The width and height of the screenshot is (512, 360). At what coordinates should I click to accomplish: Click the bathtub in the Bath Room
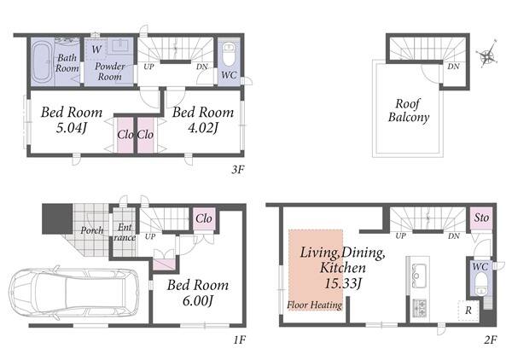[42, 63]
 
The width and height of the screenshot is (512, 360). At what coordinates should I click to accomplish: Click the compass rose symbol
[487, 55]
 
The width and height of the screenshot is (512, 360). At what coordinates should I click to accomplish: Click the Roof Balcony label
[409, 111]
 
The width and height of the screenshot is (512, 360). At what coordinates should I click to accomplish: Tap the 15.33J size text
[343, 283]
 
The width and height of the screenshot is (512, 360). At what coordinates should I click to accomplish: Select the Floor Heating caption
[314, 305]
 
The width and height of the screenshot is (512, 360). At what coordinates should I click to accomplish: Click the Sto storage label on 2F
[481, 218]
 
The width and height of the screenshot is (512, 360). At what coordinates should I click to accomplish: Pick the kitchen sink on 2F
[419, 275]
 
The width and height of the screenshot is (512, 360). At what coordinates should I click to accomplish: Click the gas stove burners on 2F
[419, 308]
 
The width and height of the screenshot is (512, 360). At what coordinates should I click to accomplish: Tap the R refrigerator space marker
[468, 311]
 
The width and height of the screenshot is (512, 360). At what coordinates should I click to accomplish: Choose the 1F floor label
[239, 340]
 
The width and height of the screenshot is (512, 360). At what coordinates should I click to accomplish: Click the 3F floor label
[238, 169]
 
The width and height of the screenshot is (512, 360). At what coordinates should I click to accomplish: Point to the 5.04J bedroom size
[72, 128]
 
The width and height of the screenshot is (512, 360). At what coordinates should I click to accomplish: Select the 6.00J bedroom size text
[198, 300]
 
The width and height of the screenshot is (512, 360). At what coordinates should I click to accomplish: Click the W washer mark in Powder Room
[96, 49]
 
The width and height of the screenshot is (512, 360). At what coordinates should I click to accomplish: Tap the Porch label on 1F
[92, 230]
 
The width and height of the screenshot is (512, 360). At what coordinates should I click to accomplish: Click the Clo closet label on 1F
[204, 218]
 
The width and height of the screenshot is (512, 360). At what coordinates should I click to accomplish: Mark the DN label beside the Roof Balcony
[454, 67]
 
